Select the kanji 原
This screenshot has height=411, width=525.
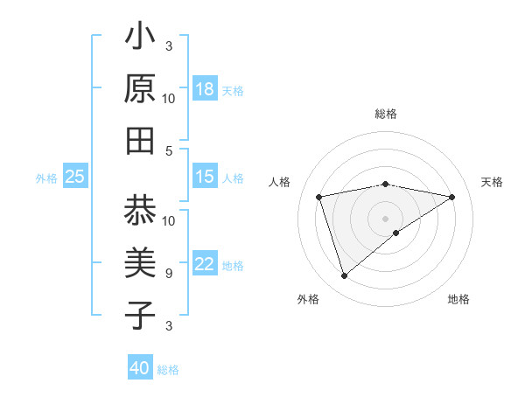click(x=140, y=89)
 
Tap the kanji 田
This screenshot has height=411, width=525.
click(x=140, y=141)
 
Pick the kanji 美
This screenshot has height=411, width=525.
click(x=140, y=263)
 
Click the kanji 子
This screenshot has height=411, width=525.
click(x=140, y=315)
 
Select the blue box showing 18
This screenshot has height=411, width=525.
click(x=205, y=89)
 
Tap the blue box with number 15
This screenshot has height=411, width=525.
click(x=205, y=177)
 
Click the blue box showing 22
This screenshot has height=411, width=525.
click(x=205, y=265)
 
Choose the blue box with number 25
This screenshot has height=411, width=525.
click(x=75, y=177)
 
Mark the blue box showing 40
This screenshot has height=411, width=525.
click(x=140, y=368)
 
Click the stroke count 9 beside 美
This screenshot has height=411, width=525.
click(x=168, y=274)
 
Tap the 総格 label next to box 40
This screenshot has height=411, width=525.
click(x=168, y=370)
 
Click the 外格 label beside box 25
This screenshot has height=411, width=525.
click(x=46, y=178)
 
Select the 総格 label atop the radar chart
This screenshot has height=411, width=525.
click(x=385, y=114)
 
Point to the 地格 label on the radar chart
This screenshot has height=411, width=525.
click(x=458, y=299)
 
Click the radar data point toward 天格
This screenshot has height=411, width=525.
click(x=452, y=197)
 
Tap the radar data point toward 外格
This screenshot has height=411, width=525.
click(x=344, y=276)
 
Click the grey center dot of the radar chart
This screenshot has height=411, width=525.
click(x=385, y=218)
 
